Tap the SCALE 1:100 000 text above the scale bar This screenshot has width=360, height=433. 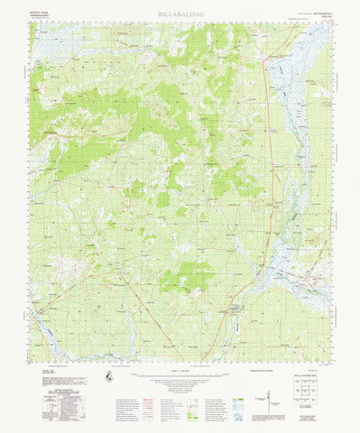180,364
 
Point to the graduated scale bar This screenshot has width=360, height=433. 180,368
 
